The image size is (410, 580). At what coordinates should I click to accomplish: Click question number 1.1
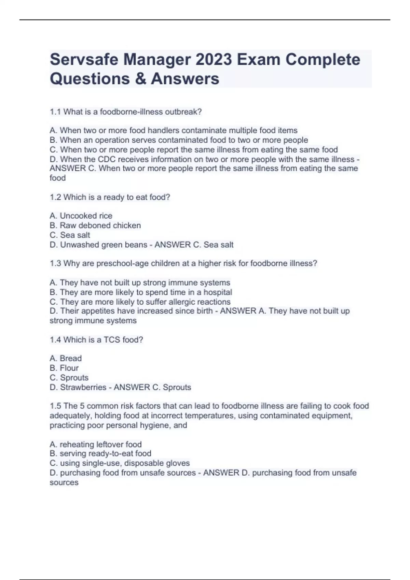coord(55,112)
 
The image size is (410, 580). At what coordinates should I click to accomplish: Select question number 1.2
coord(55,197)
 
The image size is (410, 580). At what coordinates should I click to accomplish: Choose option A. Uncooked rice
coord(81,216)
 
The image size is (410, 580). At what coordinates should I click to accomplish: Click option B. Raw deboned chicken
coord(95,226)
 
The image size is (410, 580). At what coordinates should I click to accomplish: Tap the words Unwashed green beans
coord(104,245)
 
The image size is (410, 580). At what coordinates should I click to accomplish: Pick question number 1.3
coord(55,263)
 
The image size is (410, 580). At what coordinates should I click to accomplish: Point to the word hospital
coord(218,292)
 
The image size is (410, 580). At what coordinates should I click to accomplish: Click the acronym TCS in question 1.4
coord(112,340)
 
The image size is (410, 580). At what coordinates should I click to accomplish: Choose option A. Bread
coord(66,358)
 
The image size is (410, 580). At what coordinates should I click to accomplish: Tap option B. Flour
coord(64,368)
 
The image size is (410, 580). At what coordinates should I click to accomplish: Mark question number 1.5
coord(55,406)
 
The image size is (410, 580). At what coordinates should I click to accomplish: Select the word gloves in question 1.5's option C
coord(178,463)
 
